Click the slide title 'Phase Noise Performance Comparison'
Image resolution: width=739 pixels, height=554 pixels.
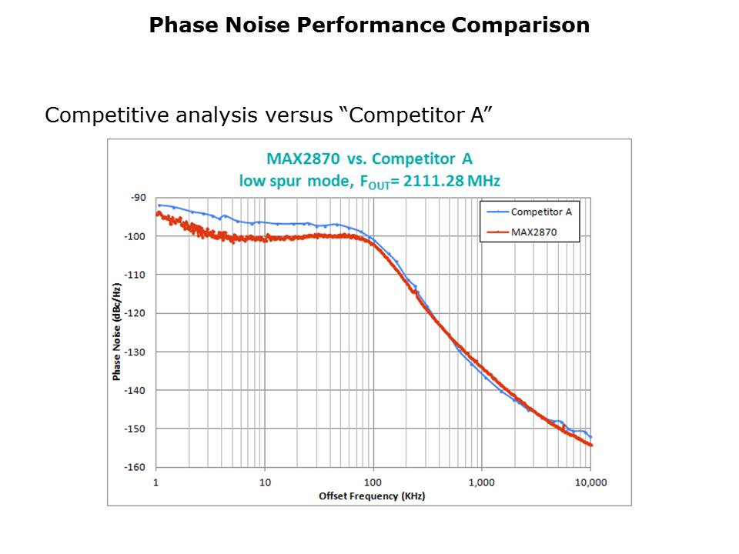point(369,25)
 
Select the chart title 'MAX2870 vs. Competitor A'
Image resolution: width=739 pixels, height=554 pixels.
point(369,159)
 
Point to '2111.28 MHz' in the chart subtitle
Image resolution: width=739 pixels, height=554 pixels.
point(463,182)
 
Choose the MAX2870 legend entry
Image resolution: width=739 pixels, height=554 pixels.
point(534,231)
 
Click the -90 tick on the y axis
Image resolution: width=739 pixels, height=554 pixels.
point(138,198)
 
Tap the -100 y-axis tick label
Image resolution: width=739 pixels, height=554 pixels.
point(135,236)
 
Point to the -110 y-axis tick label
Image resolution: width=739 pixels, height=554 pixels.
point(135,275)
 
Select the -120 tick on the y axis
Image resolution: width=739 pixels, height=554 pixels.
point(135,313)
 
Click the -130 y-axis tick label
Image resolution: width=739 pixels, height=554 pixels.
point(135,352)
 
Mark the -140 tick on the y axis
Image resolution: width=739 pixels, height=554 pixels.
point(135,390)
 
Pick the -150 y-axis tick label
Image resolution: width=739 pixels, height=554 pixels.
point(135,429)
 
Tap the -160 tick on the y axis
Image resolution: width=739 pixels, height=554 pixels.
point(135,467)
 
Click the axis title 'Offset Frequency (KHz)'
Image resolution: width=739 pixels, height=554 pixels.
point(372,496)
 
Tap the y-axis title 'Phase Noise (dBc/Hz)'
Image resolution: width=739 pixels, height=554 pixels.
point(117,332)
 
